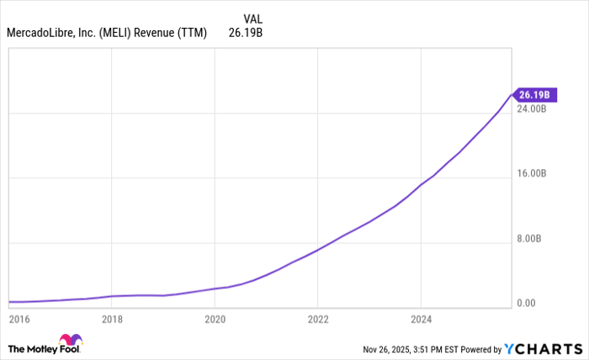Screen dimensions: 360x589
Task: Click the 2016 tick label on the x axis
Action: pos(19,319)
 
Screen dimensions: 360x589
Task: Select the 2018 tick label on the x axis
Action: pos(112,319)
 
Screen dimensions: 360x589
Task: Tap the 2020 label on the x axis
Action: pos(215,319)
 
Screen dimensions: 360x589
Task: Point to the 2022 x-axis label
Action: pos(317,319)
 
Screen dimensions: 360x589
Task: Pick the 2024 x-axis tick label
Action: pos(421,319)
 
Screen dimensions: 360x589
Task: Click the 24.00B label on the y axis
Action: pos(532,109)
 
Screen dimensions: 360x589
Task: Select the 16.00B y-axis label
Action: pos(532,173)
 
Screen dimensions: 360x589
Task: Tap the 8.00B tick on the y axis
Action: pos(534,238)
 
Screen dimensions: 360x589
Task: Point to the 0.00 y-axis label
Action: pos(528,303)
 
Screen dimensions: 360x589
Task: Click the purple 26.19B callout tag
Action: pos(533,94)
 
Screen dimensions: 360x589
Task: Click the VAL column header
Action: pos(252,19)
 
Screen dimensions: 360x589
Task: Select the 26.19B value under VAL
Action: pos(247,34)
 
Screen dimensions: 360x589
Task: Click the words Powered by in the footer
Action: pos(478,348)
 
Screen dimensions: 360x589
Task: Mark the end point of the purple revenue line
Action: pos(512,94)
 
